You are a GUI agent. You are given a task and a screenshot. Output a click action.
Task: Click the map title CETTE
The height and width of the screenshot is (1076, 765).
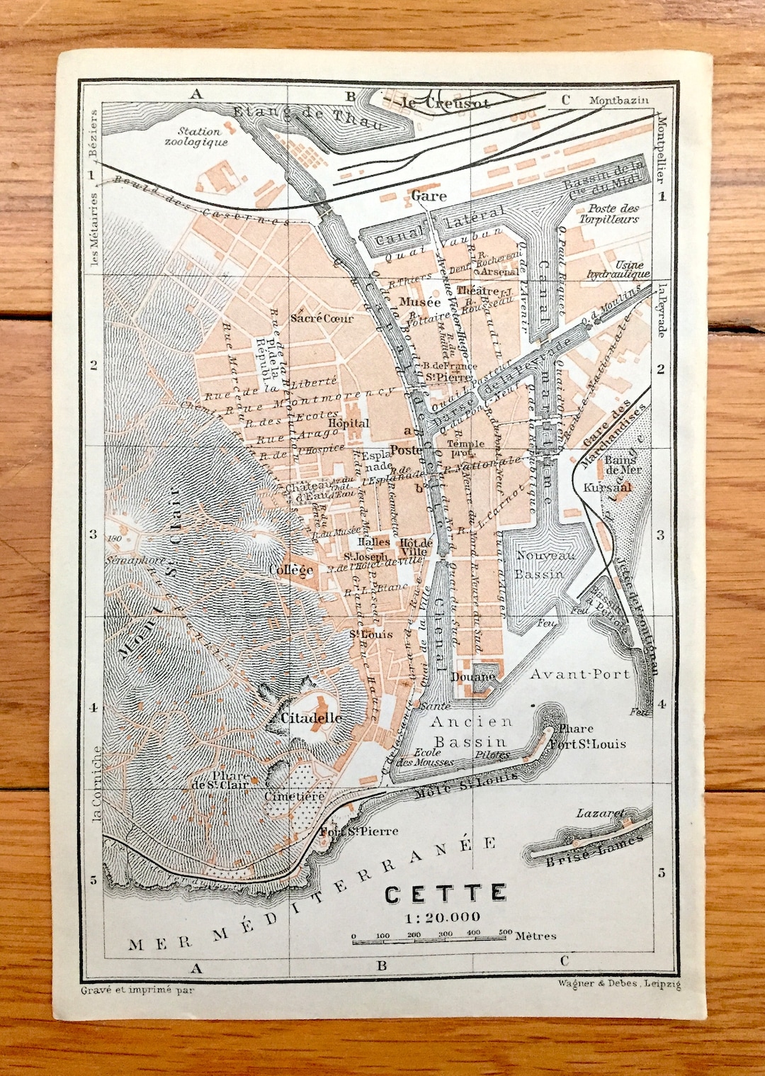(446, 894)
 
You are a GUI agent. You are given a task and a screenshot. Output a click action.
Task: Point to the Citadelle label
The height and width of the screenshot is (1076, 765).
(312, 718)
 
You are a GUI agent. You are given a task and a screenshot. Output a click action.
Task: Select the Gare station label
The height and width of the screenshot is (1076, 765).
(429, 196)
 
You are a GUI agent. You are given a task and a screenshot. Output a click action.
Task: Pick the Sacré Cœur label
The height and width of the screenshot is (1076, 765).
(322, 318)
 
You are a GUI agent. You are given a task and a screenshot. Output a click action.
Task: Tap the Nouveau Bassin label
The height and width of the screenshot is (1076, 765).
(545, 565)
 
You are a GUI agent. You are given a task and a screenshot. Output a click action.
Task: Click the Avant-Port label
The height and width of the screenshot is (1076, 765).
(580, 674)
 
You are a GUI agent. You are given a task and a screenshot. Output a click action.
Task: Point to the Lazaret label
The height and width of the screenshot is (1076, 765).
(601, 813)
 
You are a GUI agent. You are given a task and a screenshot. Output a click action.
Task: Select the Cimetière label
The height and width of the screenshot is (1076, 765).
(295, 796)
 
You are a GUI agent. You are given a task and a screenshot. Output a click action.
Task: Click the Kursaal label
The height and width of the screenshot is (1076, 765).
(607, 488)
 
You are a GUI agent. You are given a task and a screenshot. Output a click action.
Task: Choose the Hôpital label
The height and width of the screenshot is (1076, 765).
(348, 423)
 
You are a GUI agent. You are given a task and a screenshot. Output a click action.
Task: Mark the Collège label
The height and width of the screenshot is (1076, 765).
(291, 570)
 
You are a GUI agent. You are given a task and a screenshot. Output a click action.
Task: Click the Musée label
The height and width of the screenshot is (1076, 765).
(420, 302)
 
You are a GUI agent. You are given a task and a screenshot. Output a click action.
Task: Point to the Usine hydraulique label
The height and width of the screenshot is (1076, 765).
(618, 269)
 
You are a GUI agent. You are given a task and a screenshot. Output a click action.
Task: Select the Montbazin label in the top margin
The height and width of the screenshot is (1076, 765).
(618, 100)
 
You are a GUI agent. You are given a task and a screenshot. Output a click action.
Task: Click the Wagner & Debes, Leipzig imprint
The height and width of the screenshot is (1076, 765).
(618, 983)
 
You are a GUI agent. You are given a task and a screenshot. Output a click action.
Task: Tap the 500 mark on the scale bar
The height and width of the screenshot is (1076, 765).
(504, 933)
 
